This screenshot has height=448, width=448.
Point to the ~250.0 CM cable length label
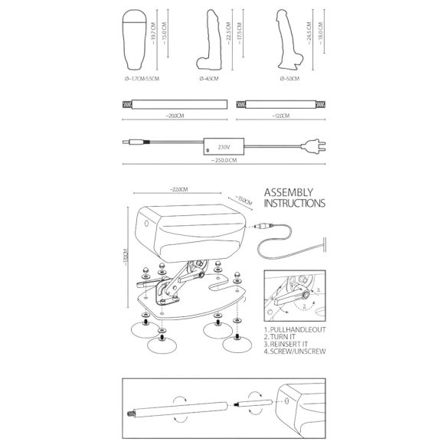[x=224, y=162]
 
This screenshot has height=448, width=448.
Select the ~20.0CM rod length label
[x=174, y=116]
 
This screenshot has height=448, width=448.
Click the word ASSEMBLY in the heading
[x=289, y=194]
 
